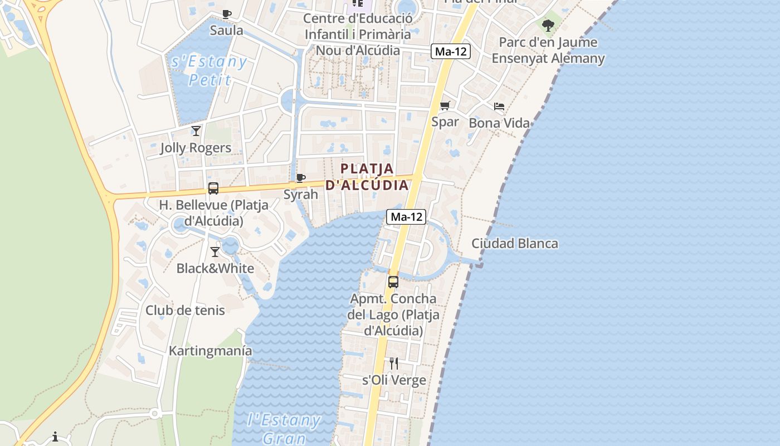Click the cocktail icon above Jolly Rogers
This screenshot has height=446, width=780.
point(196,131)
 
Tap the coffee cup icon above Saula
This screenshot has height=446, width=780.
point(226,14)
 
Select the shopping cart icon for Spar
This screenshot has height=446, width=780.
point(445,105)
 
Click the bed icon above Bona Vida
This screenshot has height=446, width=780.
point(499,106)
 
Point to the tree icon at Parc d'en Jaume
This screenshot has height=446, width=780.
point(548,25)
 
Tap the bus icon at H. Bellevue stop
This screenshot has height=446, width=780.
point(213,188)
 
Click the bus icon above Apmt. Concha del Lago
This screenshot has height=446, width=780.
point(393,282)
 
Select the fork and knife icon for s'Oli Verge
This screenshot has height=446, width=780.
point(394,363)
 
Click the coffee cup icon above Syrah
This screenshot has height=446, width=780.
point(300,178)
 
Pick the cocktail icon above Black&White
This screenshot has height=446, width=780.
point(215,252)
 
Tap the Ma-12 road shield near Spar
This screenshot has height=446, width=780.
point(451,52)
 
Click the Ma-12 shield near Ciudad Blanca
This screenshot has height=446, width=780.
point(406,217)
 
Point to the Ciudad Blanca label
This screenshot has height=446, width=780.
point(514,244)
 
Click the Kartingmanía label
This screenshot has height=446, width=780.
point(210,351)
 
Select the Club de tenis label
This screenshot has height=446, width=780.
point(185,311)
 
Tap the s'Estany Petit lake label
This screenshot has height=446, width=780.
point(209,70)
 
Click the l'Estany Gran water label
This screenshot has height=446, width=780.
point(284,428)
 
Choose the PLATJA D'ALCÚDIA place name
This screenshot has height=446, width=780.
point(367,177)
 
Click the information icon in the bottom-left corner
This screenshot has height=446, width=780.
point(55,437)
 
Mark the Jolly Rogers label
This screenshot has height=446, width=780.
point(195,148)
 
